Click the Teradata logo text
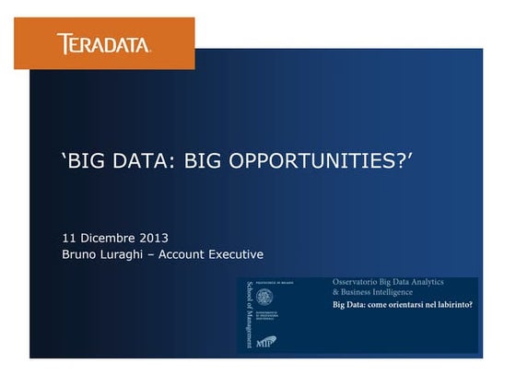(x=103, y=43)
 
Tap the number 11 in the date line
(x=69, y=237)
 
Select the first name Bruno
(x=80, y=254)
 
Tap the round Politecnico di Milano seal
(x=264, y=297)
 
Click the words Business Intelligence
(x=383, y=290)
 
